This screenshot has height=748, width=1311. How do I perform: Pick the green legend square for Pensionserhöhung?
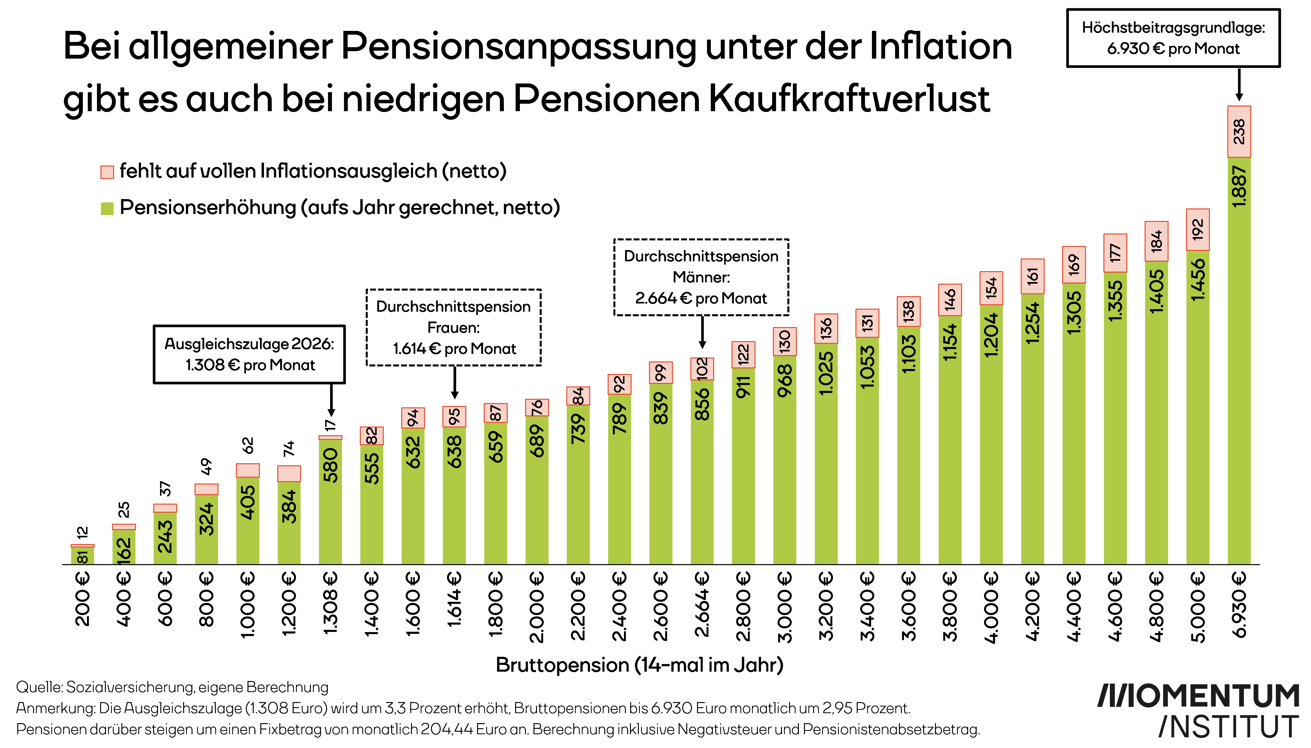click(107, 209)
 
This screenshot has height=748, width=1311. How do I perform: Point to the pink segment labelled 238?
click(1239, 131)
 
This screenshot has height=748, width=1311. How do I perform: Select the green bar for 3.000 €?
click(785, 460)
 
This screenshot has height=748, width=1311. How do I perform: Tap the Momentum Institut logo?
click(1199, 710)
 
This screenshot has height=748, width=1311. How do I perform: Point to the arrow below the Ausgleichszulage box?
click(331, 400)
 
